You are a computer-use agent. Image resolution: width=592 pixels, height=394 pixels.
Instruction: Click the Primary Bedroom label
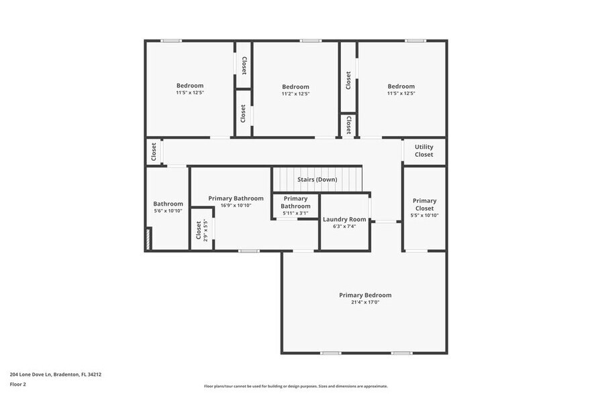pyautogui.click(x=364, y=295)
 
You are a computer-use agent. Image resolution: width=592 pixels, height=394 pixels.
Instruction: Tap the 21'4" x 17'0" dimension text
pyautogui.click(x=364, y=302)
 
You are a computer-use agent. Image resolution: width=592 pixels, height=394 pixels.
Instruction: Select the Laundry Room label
pyautogui.click(x=344, y=219)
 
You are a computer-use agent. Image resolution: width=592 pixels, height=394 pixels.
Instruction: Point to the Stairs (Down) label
pyautogui.click(x=317, y=180)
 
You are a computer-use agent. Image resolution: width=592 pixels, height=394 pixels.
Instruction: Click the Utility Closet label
pyautogui.click(x=424, y=151)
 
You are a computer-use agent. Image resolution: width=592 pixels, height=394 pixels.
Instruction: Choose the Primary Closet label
pyautogui.click(x=424, y=204)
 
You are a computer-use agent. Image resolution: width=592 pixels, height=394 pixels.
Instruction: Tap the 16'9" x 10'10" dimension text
pyautogui.click(x=236, y=206)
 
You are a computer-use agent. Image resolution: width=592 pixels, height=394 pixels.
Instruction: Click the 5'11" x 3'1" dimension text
pyautogui.click(x=295, y=213)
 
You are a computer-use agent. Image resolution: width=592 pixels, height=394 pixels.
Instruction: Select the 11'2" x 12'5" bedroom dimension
pyautogui.click(x=295, y=94)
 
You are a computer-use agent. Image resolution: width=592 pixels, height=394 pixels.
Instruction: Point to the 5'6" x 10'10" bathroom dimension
pyautogui.click(x=168, y=211)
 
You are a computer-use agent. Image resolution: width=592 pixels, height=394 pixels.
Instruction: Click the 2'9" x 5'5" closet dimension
pyautogui.click(x=205, y=230)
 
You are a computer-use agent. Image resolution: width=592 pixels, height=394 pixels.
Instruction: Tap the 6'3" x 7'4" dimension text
pyautogui.click(x=344, y=226)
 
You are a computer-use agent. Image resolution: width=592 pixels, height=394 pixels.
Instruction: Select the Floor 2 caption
pyautogui.click(x=18, y=384)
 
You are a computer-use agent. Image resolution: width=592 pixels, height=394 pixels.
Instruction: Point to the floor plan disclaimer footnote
pyautogui.click(x=295, y=387)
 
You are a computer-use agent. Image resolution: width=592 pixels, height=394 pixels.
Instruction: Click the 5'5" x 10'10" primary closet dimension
pyautogui.click(x=424, y=215)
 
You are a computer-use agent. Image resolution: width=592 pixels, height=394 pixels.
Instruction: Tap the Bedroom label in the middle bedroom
pyautogui.click(x=295, y=86)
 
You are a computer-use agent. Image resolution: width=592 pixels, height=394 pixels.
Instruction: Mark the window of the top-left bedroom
pyautogui.click(x=170, y=41)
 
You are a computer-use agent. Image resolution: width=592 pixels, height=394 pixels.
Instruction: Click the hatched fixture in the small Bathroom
pyautogui.click(x=148, y=239)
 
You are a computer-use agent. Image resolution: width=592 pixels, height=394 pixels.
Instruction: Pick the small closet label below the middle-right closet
pyautogui.click(x=348, y=125)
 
